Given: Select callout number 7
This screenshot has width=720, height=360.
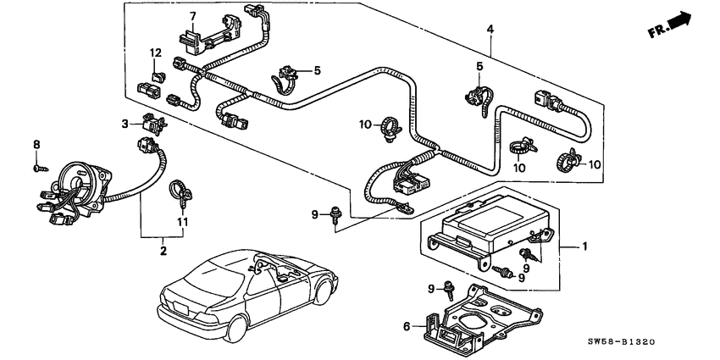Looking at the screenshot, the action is pyautogui.click(x=193, y=17).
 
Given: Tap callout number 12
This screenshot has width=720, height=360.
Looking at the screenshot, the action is pyautogui.click(x=156, y=53).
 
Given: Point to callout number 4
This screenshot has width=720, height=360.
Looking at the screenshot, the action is pyautogui.click(x=490, y=30).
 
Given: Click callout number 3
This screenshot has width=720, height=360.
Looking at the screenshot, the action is pyautogui.click(x=125, y=124).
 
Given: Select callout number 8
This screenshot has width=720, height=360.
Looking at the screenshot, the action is pyautogui.click(x=36, y=145).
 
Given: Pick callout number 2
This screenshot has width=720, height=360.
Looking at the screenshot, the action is pyautogui.click(x=163, y=251).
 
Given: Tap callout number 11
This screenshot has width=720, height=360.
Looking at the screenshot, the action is pyautogui.click(x=183, y=222).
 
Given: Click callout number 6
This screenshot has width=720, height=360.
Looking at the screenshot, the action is pyautogui.click(x=407, y=326).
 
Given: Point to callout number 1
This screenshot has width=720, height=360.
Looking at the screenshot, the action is pyautogui.click(x=584, y=247).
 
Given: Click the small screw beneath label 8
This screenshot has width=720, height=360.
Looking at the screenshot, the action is pyautogui.click(x=41, y=169).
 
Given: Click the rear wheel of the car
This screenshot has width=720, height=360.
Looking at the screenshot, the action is pyautogui.click(x=237, y=329).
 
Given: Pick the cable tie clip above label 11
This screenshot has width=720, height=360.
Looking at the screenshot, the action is pyautogui.click(x=181, y=193).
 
